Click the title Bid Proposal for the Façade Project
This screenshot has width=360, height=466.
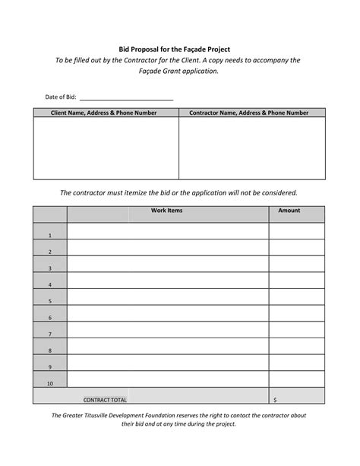179,48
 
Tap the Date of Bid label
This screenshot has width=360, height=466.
61,97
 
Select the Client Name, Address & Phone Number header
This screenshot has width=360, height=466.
106,113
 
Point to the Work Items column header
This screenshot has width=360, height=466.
167,211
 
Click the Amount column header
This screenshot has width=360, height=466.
289,211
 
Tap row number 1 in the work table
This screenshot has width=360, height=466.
49,235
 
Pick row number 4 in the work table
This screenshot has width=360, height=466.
49,285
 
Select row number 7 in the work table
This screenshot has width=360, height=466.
49,334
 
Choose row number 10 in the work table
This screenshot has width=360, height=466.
49,383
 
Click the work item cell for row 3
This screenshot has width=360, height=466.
167,263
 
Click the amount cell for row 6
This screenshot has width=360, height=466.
296,312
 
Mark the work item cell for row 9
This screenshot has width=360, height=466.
167,363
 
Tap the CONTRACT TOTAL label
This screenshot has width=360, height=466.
105,399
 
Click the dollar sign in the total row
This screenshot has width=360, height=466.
274,399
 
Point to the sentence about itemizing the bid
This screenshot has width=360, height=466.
179,192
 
